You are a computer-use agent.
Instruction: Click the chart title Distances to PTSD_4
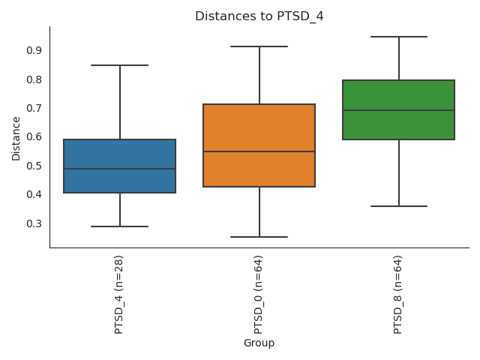coord(259,16)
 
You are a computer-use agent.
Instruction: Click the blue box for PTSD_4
coord(120,154)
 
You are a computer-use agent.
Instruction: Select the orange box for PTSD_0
coord(259,131)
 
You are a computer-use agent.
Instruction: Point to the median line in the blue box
coord(120,169)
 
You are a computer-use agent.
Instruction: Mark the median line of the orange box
coord(259,151)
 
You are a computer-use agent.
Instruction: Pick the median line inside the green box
coord(398,110)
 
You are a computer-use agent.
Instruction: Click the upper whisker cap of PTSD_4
coord(120,65)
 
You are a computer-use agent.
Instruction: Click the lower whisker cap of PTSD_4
coord(120,226)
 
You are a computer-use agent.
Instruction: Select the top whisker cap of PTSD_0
coord(259,46)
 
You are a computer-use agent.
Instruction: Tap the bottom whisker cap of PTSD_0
coord(259,237)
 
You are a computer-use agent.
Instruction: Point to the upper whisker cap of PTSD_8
coord(398,37)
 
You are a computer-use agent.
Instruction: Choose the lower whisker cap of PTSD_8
coord(398,206)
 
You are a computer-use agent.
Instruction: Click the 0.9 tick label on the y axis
coord(33,50)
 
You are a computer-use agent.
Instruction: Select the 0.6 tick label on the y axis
coord(33,137)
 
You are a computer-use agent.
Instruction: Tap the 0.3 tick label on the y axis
coord(33,223)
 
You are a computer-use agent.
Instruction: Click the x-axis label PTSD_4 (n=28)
coord(119,294)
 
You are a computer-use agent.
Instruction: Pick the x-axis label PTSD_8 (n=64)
coord(398,294)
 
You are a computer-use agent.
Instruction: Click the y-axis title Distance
coord(16,137)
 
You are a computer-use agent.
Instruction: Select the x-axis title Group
coord(259,343)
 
